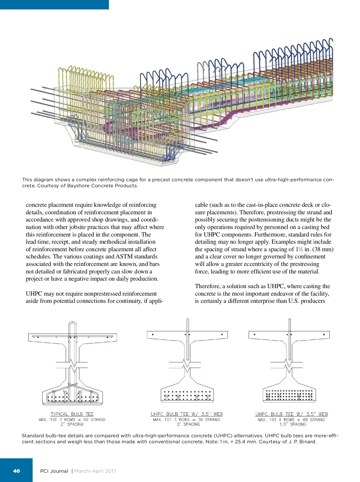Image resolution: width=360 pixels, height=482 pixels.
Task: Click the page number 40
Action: (x=16, y=471)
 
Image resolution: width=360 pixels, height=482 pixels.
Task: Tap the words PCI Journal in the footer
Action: (x=54, y=471)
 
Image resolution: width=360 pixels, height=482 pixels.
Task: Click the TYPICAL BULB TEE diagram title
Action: (x=72, y=414)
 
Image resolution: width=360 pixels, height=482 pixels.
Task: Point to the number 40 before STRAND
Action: (x=86, y=420)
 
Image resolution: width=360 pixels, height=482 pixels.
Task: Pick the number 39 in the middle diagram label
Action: (x=200, y=420)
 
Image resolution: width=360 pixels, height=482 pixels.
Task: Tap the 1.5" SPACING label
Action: (x=293, y=424)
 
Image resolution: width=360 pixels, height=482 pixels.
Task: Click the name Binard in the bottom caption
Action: (x=307, y=441)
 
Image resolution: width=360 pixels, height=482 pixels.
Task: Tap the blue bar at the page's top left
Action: (x=54, y=5)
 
